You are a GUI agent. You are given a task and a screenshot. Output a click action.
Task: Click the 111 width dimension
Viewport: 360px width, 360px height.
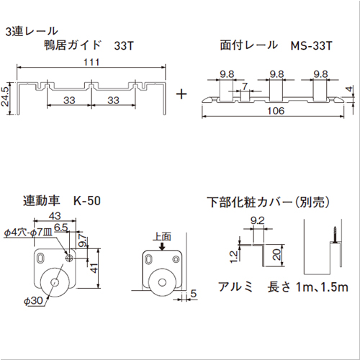click(91, 63)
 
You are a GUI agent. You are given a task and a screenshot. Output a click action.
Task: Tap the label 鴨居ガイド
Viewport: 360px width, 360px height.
click(73, 45)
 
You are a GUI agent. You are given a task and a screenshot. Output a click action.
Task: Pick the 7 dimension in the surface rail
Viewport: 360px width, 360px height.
click(246, 86)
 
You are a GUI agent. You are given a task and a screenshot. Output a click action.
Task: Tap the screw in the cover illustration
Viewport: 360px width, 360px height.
click(336, 234)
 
